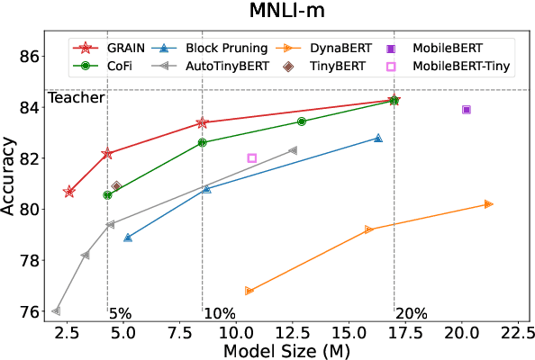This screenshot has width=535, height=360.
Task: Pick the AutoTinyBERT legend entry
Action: pos(225,66)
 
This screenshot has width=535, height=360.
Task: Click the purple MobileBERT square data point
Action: pos(467,110)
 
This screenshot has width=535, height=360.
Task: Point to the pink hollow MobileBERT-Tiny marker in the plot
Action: pos(252,158)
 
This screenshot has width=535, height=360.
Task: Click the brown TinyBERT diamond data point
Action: pos(116,186)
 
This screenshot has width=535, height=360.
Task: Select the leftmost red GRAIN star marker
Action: pos(69,192)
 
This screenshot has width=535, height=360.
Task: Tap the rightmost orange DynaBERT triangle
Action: pos(488,204)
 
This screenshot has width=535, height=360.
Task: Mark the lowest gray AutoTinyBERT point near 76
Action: pos(56,311)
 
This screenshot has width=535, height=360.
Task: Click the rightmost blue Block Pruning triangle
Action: pos(378,138)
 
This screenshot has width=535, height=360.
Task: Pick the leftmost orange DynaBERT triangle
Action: pos(249,291)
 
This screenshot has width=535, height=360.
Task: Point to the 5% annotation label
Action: pos(120,314)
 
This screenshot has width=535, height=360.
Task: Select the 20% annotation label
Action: pos(412,314)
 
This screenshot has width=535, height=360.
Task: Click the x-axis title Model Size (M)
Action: pos(286,351)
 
